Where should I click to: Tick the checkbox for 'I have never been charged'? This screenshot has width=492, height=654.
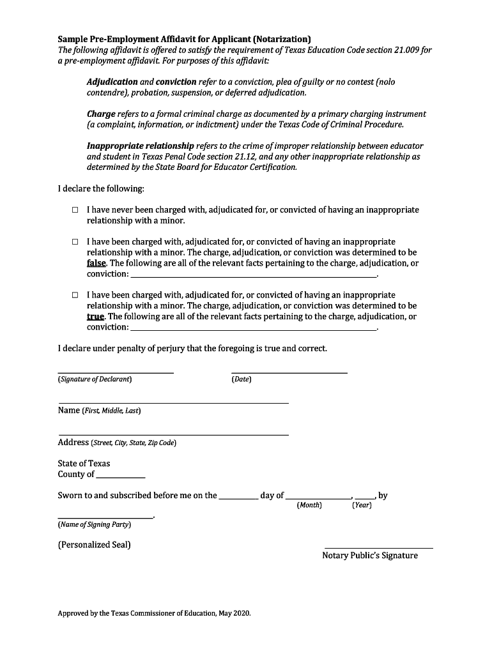point(75,210)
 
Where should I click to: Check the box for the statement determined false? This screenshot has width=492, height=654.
point(75,243)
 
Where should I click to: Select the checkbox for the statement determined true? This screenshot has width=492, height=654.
point(75,296)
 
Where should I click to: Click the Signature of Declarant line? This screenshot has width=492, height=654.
point(115,372)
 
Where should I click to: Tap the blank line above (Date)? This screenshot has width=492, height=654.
point(289,372)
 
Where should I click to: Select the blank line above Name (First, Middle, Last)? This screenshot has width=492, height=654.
point(173,402)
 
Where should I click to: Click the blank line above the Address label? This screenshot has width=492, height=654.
point(173,434)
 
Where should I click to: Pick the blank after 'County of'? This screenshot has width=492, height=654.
point(121,476)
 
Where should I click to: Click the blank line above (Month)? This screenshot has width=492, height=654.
point(318,497)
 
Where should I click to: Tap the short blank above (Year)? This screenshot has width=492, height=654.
point(365,497)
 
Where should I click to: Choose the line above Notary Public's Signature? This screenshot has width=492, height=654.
point(378,547)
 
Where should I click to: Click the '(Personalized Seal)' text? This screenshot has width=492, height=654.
point(94,545)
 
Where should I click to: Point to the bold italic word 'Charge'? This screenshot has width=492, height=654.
point(101,114)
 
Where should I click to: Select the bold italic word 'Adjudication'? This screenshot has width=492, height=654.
point(112,82)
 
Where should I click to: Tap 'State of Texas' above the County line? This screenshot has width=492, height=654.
point(84,463)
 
